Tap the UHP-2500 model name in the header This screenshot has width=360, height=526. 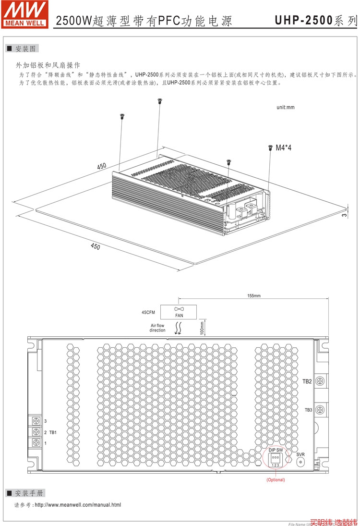coord(303,21)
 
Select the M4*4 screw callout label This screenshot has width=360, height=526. coord(283,148)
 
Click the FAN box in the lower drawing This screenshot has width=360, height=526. coord(179,312)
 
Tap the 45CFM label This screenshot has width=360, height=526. coord(149,312)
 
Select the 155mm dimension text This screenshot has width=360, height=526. coord(254,296)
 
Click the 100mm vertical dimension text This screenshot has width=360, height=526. coord(202,327)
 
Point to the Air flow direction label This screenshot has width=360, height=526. coord(157,328)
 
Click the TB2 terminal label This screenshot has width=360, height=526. coord(307,381)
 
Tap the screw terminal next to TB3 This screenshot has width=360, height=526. coord(320,410)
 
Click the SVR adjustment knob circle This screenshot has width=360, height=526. coord(301,462)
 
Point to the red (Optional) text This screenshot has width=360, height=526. coord(276,480)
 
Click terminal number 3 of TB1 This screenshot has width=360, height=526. coord(36,421)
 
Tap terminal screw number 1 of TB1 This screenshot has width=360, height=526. coord(36,443)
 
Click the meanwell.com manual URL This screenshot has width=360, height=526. coord(78,505)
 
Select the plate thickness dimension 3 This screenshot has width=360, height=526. coord(344,215)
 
